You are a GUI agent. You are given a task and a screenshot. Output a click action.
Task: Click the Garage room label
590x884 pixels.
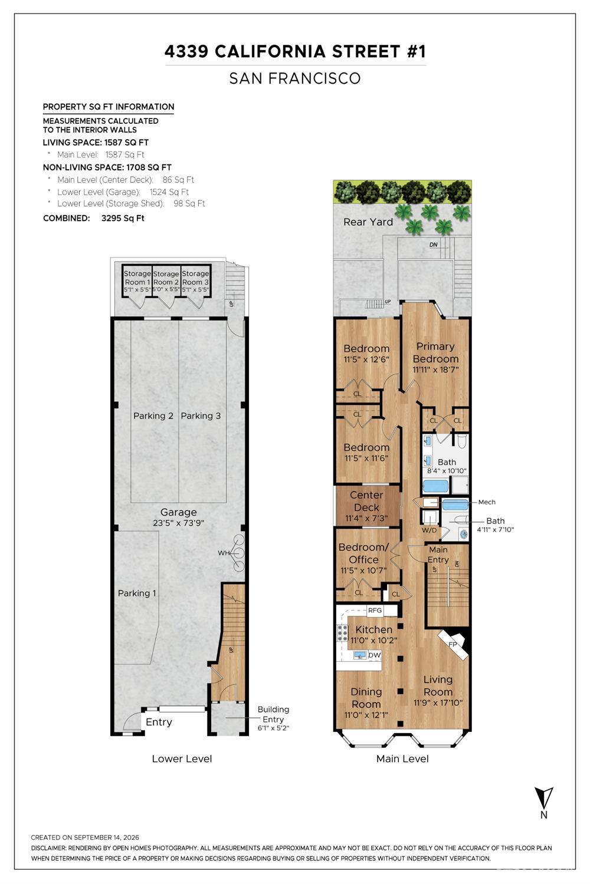178,512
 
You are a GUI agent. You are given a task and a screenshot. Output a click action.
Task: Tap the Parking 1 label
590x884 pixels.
137,593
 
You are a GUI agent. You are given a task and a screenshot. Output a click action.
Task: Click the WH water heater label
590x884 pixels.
224,553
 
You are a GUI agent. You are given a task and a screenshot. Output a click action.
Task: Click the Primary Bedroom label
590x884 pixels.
435,352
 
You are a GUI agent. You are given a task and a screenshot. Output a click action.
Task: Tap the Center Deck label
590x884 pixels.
366,501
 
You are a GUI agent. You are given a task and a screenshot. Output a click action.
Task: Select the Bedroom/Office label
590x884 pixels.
363,553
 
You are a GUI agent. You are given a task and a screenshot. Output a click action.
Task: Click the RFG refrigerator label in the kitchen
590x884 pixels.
375,610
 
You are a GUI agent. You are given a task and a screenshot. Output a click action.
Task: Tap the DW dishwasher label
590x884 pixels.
374,655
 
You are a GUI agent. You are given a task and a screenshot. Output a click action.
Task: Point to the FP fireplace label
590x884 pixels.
453,644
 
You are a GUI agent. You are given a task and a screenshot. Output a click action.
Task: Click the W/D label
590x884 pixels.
429,530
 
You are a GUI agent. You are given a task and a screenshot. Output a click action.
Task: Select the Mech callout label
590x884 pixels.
487,502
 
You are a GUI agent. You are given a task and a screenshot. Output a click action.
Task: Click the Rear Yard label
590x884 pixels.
368,222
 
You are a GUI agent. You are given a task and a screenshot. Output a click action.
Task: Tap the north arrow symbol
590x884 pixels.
544,797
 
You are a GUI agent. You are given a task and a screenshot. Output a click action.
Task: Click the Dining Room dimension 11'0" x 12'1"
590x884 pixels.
366,715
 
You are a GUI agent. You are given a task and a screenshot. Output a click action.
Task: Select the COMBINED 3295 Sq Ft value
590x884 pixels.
123,218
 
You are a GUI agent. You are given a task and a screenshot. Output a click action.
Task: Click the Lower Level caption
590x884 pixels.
182,758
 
